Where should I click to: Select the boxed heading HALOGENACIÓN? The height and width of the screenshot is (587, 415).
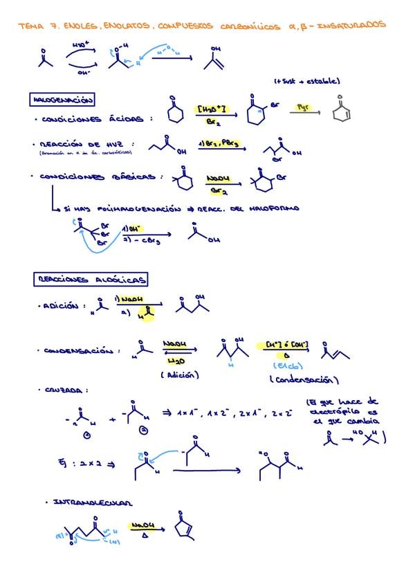click(63, 100)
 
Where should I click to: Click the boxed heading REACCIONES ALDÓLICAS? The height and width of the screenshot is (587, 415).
click(90, 280)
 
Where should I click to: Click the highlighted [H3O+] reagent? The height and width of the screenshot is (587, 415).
click(212, 109)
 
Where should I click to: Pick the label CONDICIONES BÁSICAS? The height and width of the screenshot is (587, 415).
click(100, 177)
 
